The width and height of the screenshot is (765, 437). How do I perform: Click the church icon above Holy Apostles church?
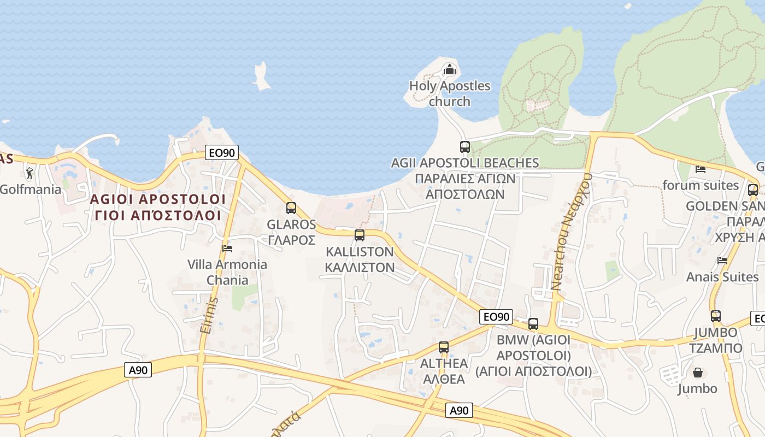449,69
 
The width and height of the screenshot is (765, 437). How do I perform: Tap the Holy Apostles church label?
450,93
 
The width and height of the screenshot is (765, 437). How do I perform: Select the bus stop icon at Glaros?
291,208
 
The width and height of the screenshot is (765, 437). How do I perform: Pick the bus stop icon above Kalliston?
360,235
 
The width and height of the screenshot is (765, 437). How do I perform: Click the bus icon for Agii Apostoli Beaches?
465,146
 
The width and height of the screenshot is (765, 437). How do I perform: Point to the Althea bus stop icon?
444,347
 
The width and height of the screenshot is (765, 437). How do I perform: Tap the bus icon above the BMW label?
533,324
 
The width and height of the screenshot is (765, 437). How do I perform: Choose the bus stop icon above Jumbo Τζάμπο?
716,316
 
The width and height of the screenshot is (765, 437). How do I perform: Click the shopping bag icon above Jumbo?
698,373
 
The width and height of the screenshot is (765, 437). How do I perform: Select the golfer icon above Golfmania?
30,174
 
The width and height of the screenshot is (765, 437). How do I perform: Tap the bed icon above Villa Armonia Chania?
227,249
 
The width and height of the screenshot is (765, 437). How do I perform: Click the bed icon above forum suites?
701,169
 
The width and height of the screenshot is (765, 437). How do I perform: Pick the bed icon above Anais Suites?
722,261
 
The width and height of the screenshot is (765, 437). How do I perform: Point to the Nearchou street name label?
572,231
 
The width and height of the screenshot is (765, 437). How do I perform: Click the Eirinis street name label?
209,316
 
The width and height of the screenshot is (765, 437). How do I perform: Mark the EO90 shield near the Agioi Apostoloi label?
222,152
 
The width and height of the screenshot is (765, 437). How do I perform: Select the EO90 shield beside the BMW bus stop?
496,317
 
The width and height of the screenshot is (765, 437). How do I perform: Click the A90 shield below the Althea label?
458,411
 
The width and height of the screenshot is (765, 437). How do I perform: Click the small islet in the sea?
261,76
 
